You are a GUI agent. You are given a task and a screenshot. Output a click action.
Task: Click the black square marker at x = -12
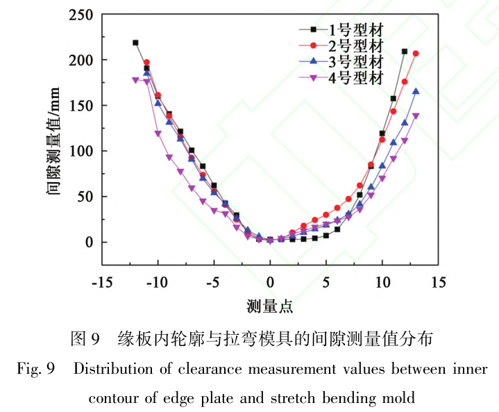coord(135,43)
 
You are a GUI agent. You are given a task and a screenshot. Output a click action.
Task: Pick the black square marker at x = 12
coord(405,51)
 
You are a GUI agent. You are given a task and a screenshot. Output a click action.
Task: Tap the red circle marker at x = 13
coord(416,53)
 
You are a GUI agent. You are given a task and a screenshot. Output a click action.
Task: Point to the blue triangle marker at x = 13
coord(416,91)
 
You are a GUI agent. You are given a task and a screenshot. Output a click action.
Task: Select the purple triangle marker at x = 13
coord(416,116)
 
